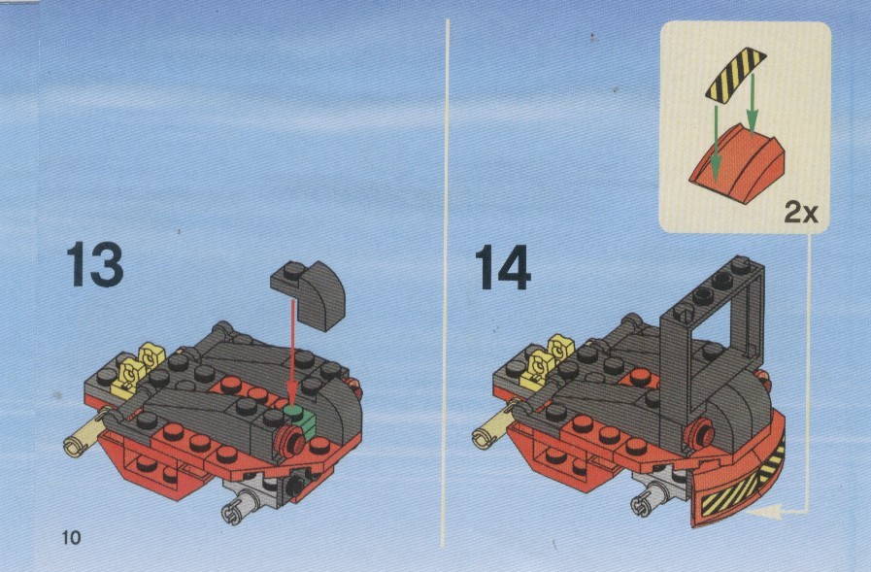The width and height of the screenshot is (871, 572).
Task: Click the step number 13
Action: point(95,264)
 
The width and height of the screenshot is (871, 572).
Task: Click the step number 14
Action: point(503,268)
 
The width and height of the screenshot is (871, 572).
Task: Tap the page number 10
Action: point(71,538)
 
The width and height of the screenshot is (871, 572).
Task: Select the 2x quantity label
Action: point(800,213)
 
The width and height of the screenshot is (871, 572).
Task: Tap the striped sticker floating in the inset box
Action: point(735,76)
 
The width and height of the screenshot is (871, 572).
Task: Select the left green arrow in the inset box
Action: point(716,145)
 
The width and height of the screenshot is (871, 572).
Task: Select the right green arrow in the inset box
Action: point(752,105)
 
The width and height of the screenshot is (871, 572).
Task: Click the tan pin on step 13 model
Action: point(86,432)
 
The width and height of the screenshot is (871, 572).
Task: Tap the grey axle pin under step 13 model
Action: point(242,504)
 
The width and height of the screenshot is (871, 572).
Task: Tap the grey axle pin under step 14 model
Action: point(650,499)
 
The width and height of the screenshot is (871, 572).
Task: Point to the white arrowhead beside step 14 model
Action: point(765,512)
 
